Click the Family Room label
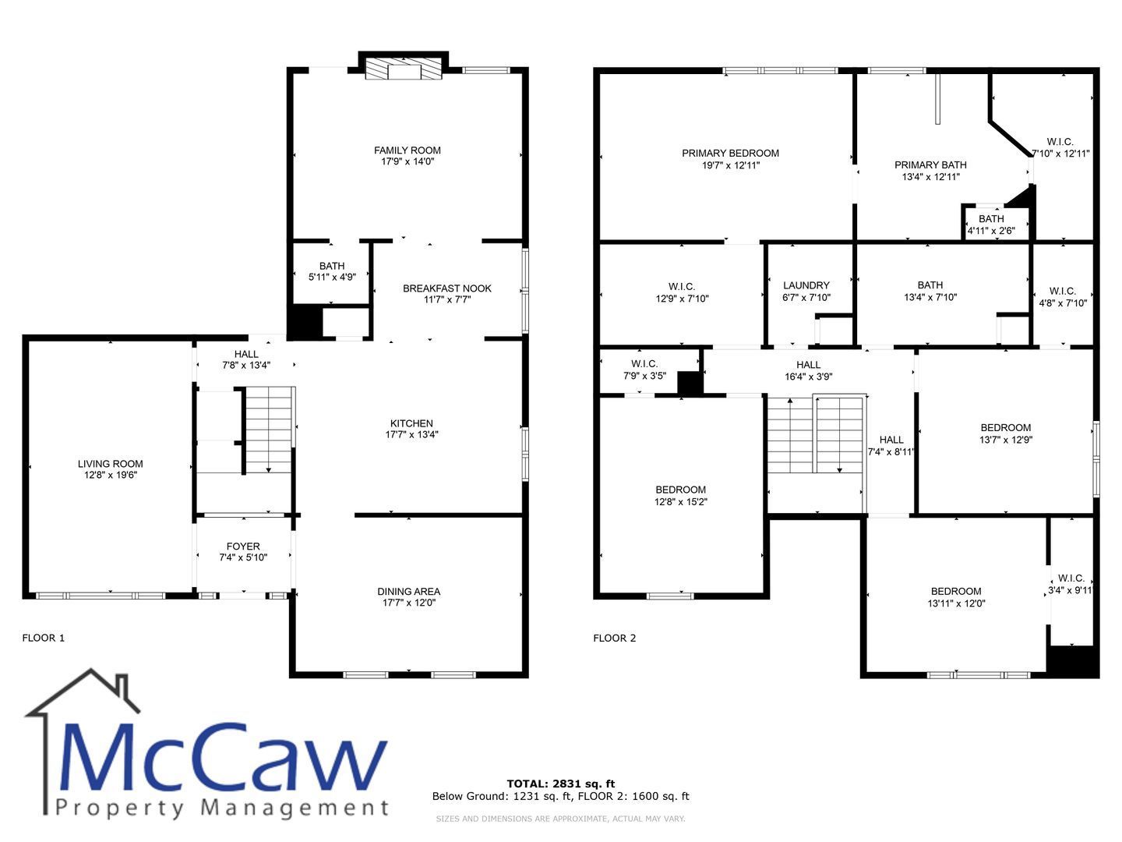[407, 150]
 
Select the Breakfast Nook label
[446, 288]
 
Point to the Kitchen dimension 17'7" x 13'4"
[411, 434]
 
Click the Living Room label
[111, 464]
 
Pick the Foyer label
[243, 546]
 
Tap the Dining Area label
[409, 592]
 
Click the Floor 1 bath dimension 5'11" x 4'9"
[332, 277]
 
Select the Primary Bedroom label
[730, 153]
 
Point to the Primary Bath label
[930, 165]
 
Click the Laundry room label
[806, 285]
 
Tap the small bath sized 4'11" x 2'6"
[991, 225]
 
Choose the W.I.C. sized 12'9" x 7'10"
[682, 293]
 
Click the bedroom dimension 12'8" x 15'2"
[681, 502]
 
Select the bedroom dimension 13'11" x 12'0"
[956, 603]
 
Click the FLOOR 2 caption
[615, 638]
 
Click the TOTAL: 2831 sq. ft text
[561, 784]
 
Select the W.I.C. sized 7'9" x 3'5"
[644, 370]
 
